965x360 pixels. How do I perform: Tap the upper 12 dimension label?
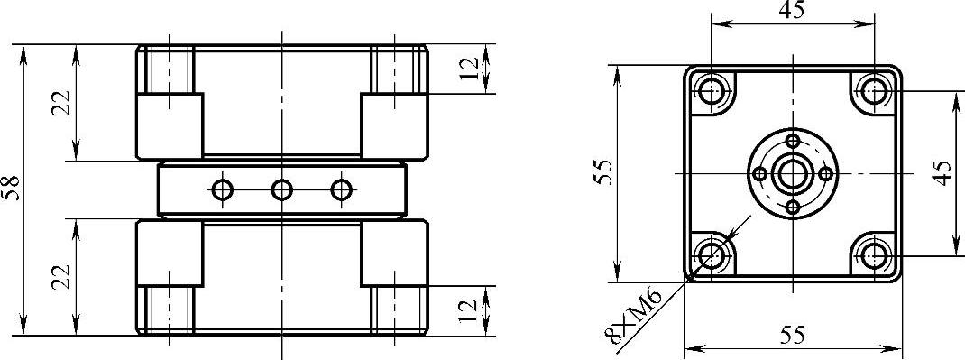tap(470, 69)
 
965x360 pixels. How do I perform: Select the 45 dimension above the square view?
tap(792, 11)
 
